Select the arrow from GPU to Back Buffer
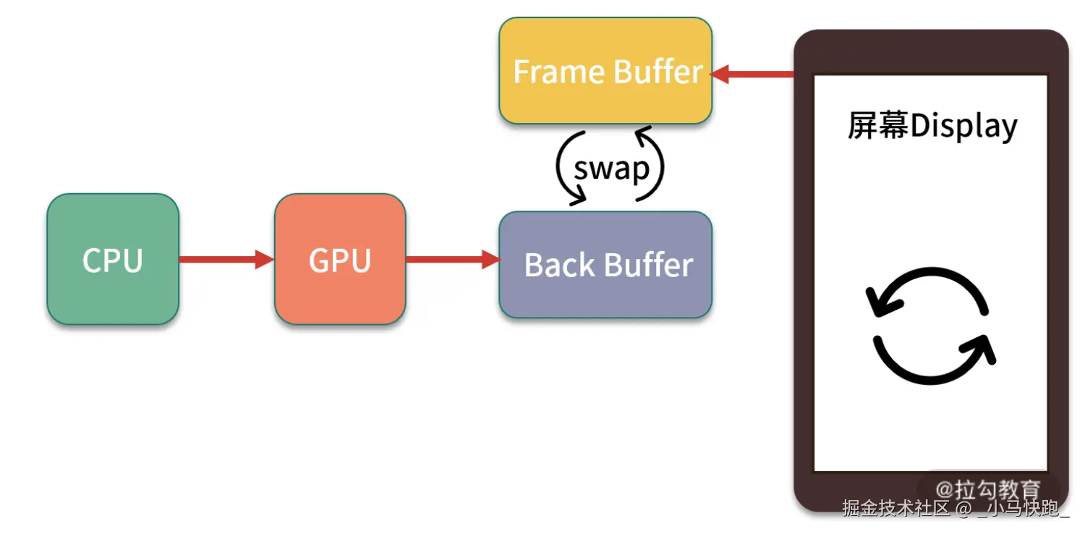coord(452,259)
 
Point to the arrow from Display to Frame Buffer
coord(752,74)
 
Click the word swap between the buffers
coord(611,168)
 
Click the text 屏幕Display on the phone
coord(932,126)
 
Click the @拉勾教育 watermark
coord(987,490)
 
